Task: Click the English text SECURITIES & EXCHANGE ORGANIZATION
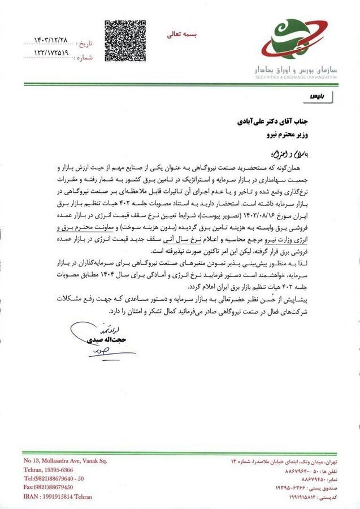coord(296,77)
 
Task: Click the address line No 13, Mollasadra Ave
coord(65,461)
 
